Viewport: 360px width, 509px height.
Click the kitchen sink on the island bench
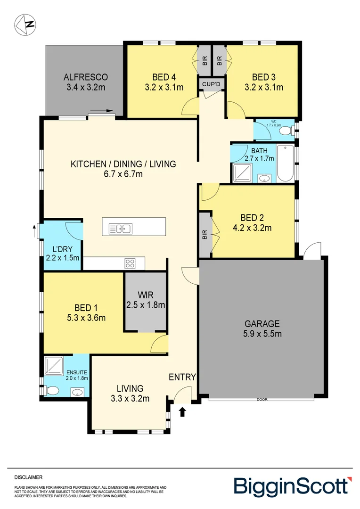pyautogui.click(x=121, y=229)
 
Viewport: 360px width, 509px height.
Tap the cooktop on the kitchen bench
pyautogui.click(x=131, y=263)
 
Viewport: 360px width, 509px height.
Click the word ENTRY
pyautogui.click(x=182, y=377)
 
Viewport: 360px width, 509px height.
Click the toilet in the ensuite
pyautogui.click(x=52, y=390)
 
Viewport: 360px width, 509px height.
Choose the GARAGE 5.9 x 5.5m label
pyautogui.click(x=262, y=328)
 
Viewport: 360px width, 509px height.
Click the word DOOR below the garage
pyautogui.click(x=262, y=399)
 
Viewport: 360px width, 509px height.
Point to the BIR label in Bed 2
pyautogui.click(x=205, y=235)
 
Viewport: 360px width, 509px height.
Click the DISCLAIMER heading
pyautogui.click(x=28, y=477)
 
